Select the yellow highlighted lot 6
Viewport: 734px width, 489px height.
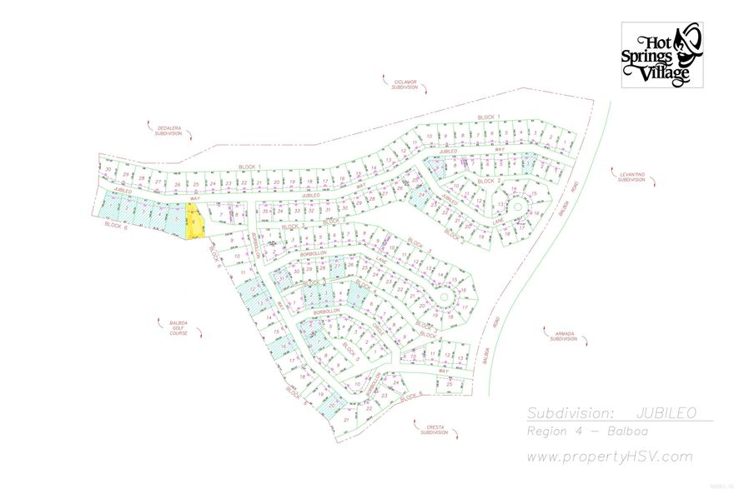(194, 222)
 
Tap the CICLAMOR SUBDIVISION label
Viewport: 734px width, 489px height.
(405, 84)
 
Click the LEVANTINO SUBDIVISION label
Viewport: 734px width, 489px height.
(631, 177)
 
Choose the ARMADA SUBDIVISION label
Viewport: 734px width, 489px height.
(565, 337)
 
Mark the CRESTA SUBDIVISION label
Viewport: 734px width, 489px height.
(434, 429)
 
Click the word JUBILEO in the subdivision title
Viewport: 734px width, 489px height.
(666, 413)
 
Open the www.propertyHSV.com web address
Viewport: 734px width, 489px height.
(608, 457)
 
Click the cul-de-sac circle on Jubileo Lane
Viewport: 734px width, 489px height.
(516, 206)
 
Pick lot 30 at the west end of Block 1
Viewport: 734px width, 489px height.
(108, 169)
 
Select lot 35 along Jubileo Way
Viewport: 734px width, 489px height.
(266, 212)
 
